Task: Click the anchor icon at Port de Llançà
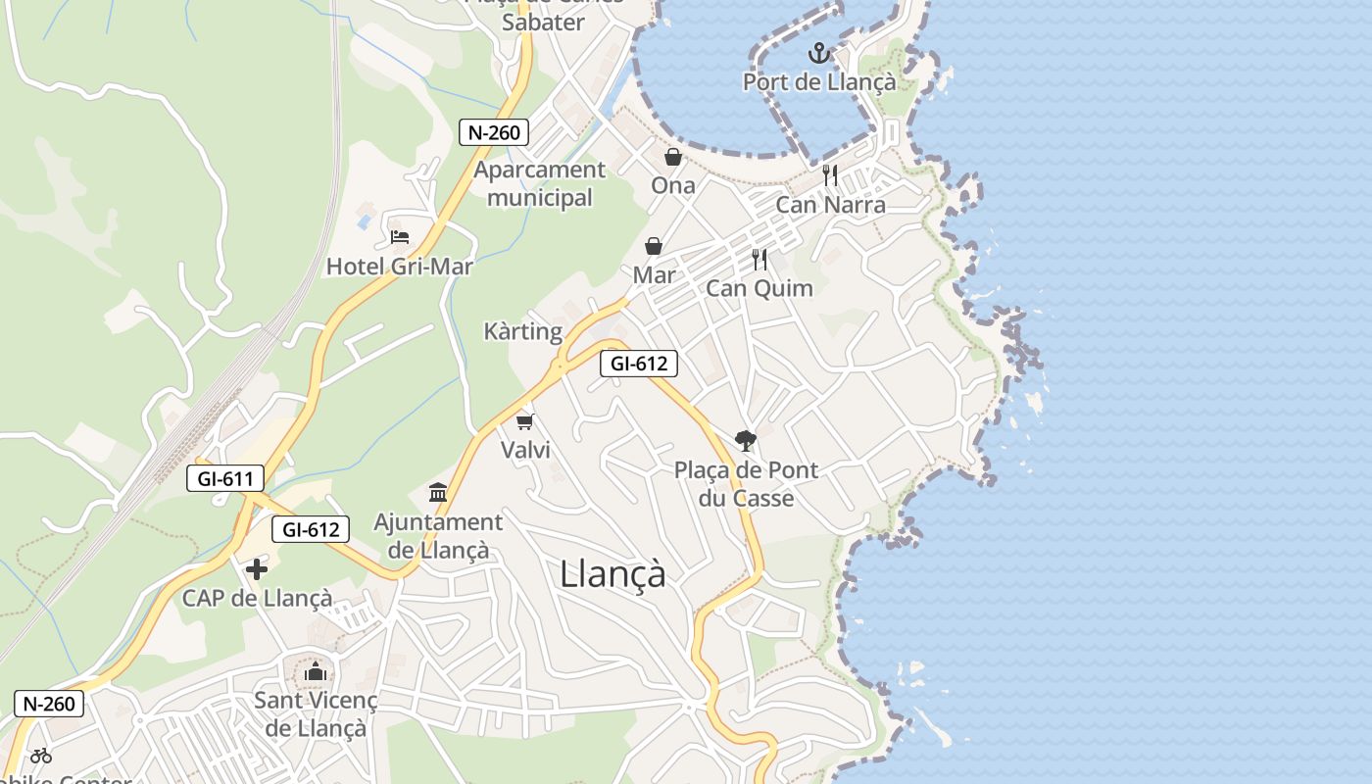click(819, 54)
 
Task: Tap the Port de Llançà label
click(819, 82)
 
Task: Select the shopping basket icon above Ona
click(673, 157)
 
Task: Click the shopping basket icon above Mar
click(654, 246)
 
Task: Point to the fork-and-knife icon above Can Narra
click(830, 175)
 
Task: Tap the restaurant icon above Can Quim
click(759, 260)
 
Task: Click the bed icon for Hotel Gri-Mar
click(399, 237)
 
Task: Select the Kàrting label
click(523, 331)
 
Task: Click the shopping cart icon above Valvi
click(525, 421)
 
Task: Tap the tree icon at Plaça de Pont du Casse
click(746, 441)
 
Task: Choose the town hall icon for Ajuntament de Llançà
click(438, 492)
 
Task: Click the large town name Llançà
click(613, 573)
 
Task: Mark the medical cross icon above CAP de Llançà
click(257, 569)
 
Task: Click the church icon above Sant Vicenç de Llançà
click(316, 671)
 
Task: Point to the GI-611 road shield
click(225, 479)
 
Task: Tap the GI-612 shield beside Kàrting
click(639, 364)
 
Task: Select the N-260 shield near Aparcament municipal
click(494, 132)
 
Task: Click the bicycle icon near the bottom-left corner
click(41, 755)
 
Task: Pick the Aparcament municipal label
click(540, 183)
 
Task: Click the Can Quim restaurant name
click(759, 288)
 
